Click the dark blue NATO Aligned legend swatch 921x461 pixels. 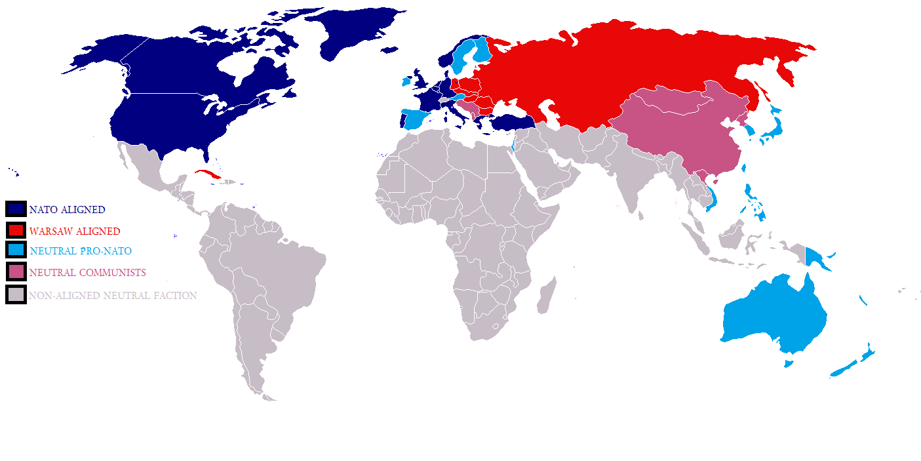tap(16, 209)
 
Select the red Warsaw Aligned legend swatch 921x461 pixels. tap(16, 230)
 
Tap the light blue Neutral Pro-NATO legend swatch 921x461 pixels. tap(16, 251)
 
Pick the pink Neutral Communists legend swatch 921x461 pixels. tap(16, 271)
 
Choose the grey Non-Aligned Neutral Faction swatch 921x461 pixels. tap(16, 295)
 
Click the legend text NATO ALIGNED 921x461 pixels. tap(67, 210)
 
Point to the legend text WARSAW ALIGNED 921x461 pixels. tap(75, 231)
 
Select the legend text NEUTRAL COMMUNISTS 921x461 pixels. tap(87, 272)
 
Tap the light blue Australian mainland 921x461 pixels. tap(774, 315)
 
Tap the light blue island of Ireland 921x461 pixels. tap(406, 82)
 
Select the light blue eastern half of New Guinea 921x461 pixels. tap(816, 258)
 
